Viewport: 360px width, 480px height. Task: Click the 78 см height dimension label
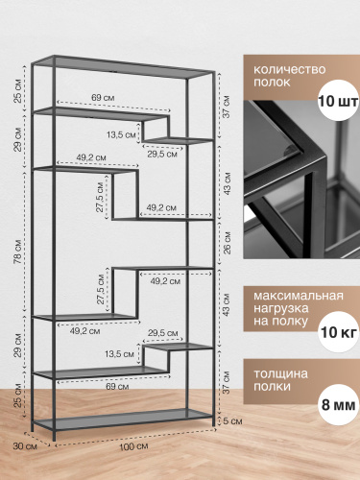pyautogui.click(x=18, y=252)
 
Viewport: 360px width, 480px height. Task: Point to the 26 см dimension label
pyautogui.click(x=227, y=243)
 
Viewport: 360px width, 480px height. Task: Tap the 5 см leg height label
pyautogui.click(x=232, y=421)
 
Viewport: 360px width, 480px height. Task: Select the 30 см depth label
pyautogui.click(x=25, y=445)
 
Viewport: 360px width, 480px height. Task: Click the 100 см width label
pyautogui.click(x=133, y=446)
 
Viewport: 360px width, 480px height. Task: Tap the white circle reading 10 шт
pyautogui.click(x=338, y=102)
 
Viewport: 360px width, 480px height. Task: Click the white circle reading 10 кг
pyautogui.click(x=338, y=332)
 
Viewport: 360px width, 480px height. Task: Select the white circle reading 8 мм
pyautogui.click(x=338, y=405)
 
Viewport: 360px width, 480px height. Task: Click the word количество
pyautogui.click(x=290, y=69)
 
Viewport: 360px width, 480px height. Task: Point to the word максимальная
pyautogui.click(x=299, y=296)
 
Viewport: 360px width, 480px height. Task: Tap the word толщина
pyautogui.click(x=280, y=373)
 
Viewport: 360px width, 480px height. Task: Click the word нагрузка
pyautogui.click(x=281, y=308)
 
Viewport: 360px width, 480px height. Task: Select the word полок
pyautogui.click(x=272, y=83)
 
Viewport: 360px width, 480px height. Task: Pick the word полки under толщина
pyautogui.click(x=273, y=387)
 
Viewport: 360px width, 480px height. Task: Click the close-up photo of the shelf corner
pyautogui.click(x=301, y=180)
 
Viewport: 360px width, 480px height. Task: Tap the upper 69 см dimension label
pyautogui.click(x=103, y=97)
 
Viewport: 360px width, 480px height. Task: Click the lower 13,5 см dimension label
pyautogui.click(x=119, y=354)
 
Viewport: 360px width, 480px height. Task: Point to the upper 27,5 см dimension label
pyautogui.click(x=100, y=197)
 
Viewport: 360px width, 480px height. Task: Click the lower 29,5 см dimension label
pyautogui.click(x=163, y=333)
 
